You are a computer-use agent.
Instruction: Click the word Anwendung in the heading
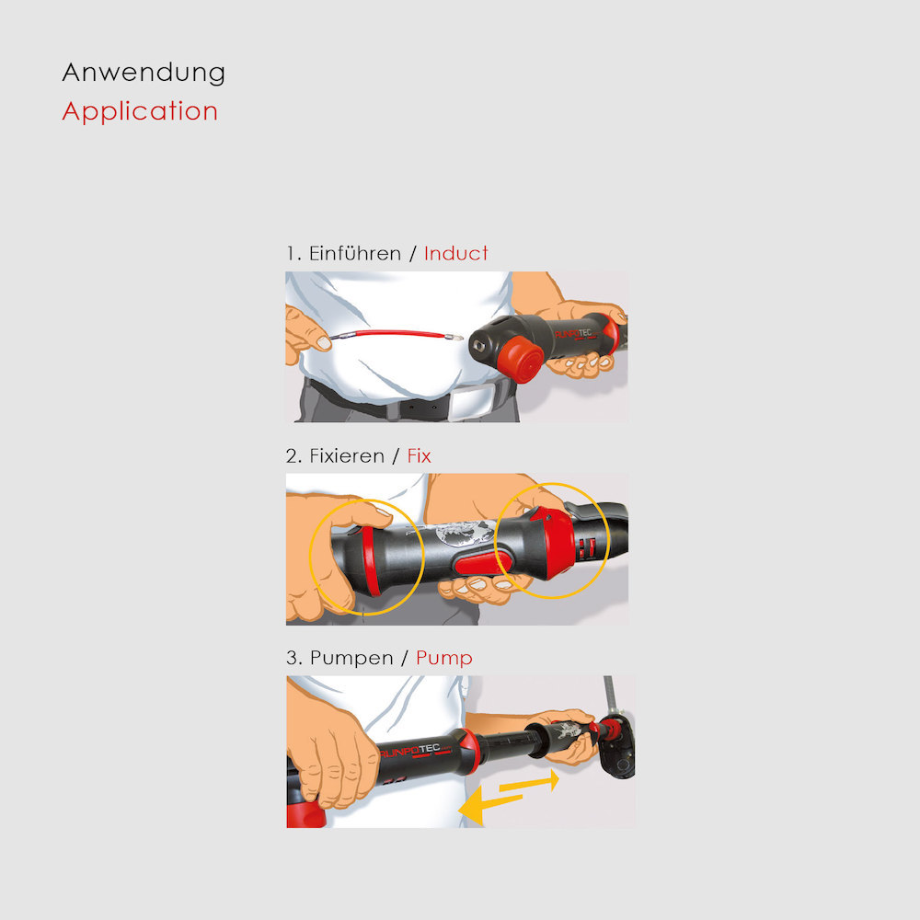point(144,74)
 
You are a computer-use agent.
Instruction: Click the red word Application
point(140,111)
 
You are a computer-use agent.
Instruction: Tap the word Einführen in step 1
point(355,254)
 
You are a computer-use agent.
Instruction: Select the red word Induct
point(456,254)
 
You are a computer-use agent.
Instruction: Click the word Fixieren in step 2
point(347,456)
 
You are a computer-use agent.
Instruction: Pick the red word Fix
point(419,456)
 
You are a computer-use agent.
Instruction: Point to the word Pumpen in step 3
point(351,659)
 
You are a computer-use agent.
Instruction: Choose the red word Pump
point(444,659)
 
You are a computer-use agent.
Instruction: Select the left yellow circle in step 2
point(310,558)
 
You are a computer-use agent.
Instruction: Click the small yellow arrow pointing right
point(529,781)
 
